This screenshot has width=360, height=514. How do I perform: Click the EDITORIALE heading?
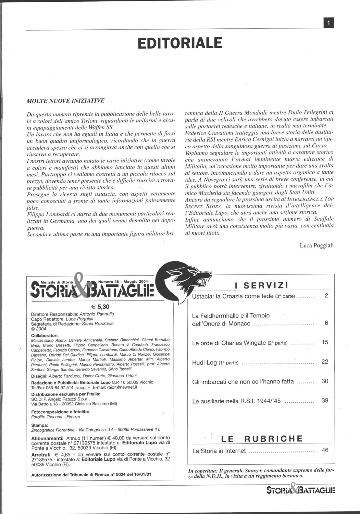(x=180, y=44)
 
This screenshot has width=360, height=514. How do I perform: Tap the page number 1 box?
(x=328, y=23)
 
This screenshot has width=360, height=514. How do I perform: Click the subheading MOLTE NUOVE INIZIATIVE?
(x=65, y=101)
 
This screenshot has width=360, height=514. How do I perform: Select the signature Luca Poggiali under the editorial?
(x=316, y=245)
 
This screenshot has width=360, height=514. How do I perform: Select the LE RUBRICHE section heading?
(x=262, y=439)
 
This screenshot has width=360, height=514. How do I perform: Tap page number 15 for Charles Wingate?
(x=325, y=342)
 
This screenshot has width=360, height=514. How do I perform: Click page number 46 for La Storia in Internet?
(x=325, y=450)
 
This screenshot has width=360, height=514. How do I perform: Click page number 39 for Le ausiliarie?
(x=325, y=400)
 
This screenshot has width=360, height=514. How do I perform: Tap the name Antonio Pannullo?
(x=97, y=314)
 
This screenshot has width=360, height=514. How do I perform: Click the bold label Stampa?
(x=39, y=425)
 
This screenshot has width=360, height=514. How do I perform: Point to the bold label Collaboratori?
(x=45, y=335)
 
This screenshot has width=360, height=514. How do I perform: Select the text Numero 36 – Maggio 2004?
(x=123, y=282)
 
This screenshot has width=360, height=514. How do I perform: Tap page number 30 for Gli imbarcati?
(x=325, y=381)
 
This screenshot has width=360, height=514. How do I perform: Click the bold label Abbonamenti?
(x=47, y=438)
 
